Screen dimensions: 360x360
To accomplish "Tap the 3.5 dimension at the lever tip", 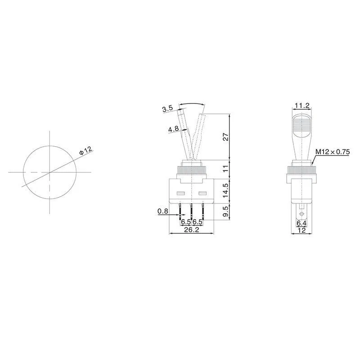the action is point(167,108).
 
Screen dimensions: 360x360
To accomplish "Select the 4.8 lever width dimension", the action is point(174,129).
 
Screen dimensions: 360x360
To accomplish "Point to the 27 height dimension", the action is point(226,137).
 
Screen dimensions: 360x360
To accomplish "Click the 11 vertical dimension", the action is point(226,169).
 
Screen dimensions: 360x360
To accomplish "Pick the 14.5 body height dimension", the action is point(226,190).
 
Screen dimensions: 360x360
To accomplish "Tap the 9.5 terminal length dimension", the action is point(226,211).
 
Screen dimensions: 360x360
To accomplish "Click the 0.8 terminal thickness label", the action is point(163,211).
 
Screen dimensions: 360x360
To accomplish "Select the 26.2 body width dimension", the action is point(192,229).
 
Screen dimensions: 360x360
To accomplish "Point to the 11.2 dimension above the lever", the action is point(302,105).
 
